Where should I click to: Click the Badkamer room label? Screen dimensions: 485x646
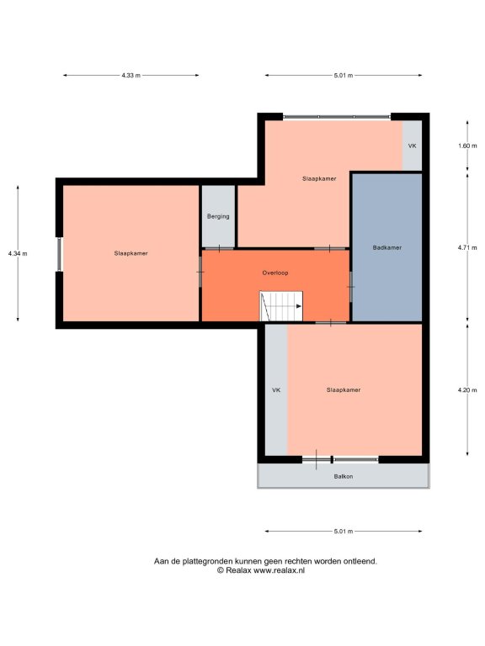tap(386, 247)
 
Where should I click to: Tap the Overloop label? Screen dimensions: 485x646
tap(275, 273)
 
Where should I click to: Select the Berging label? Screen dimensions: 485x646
tap(218, 216)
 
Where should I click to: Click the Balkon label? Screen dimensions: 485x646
tap(344, 476)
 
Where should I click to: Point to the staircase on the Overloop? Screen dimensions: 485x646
tap(281, 306)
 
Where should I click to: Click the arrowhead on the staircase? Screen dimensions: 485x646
tap(299, 306)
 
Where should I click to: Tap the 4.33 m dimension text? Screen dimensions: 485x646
tap(131, 76)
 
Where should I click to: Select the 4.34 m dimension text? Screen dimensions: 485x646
tap(18, 253)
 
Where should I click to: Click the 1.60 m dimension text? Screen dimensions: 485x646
tap(467, 146)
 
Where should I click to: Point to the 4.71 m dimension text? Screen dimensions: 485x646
tap(467, 247)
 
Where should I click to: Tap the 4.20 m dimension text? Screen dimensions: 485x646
tap(467, 390)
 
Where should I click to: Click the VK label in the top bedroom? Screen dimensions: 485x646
tap(412, 146)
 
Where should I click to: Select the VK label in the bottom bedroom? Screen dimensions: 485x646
tap(276, 389)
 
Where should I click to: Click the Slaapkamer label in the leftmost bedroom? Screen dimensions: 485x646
tap(131, 253)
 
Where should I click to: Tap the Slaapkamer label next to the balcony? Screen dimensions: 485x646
tap(344, 389)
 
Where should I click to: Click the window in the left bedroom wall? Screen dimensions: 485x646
tap(60, 254)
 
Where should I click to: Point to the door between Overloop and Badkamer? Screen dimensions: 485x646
tap(351, 286)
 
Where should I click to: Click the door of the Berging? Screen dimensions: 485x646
tap(219, 248)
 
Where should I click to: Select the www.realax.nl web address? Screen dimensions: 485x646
tap(279, 570)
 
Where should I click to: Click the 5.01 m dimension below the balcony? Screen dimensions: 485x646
tap(344, 531)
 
